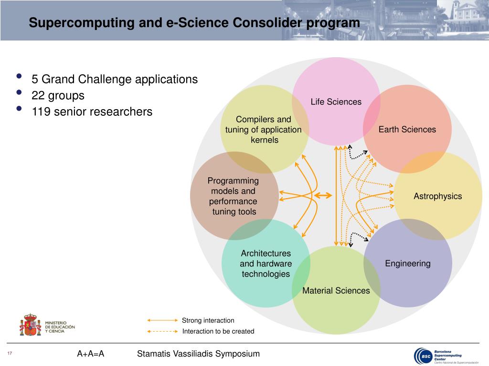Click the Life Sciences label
[336, 102]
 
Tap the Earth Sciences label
[407, 130]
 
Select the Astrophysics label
[437, 196]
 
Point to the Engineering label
[407, 264]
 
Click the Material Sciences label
[336, 291]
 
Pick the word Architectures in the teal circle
[266, 254]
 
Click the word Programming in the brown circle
[233, 181]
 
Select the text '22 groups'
[58, 96]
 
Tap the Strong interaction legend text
[208, 321]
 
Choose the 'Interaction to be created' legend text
[218, 331]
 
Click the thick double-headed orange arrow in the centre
[323, 195]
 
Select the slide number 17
[9, 353]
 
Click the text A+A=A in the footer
[90, 354]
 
